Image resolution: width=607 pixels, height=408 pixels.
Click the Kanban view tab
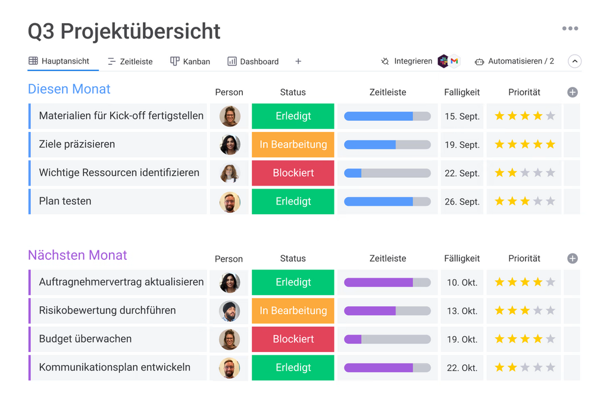[x=190, y=61]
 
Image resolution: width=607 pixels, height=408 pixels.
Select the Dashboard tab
[x=253, y=61]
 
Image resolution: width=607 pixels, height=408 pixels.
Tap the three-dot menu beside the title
[x=570, y=29]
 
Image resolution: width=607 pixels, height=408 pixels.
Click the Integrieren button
[x=406, y=61]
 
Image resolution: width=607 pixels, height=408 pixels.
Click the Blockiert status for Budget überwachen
[x=293, y=339]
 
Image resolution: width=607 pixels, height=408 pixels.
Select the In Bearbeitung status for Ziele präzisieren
[x=293, y=145]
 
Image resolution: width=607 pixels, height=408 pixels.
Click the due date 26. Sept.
[x=462, y=202]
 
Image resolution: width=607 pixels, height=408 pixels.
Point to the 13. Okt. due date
[x=462, y=311]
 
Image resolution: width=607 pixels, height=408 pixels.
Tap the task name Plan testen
[x=65, y=201]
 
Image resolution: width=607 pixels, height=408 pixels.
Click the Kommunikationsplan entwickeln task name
[x=115, y=368]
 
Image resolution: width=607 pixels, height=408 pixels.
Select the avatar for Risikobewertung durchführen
[x=229, y=311]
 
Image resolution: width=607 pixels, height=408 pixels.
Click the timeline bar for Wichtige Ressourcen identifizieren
[x=387, y=173]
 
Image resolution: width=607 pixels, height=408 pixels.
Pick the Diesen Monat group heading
[x=69, y=89]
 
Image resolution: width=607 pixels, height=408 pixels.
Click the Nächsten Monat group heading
[x=77, y=255]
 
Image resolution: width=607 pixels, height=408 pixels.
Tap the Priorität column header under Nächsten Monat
[x=524, y=259]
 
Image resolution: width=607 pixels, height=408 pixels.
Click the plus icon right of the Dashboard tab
[x=298, y=61]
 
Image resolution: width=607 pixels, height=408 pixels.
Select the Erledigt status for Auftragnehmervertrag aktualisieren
[x=293, y=283]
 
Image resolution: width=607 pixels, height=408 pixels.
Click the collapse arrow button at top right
[x=574, y=61]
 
